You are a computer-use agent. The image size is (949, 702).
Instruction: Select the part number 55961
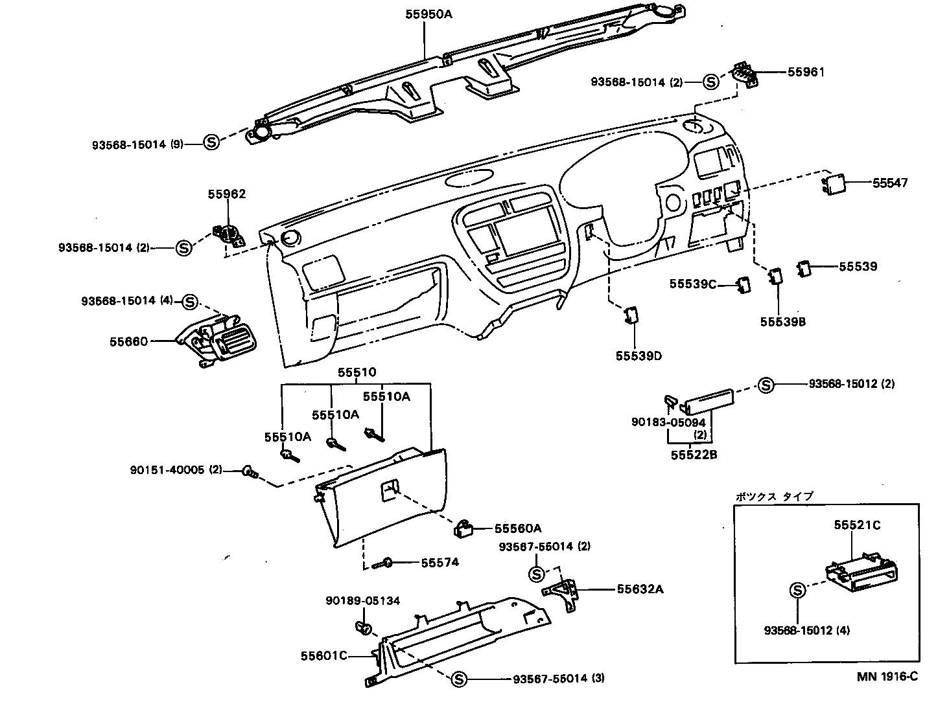point(806,72)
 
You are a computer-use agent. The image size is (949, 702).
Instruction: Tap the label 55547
point(889,183)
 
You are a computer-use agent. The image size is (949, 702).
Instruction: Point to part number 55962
point(226,194)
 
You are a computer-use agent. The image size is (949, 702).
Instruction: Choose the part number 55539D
point(639,356)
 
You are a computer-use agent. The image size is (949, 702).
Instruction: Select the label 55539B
point(782,322)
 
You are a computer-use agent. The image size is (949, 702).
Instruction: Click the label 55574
point(439,563)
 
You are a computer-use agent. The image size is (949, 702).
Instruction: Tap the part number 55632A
point(640,589)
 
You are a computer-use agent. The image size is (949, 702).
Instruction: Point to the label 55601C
point(323,656)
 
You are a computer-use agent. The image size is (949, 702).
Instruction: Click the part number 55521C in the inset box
point(857,525)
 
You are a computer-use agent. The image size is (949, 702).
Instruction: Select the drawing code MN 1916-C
point(887,677)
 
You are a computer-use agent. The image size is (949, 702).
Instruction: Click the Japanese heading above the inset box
point(773,497)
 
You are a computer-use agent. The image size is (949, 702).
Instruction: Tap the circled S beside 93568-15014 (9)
point(211,142)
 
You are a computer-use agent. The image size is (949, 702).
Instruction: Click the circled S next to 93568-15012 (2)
point(766,385)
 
